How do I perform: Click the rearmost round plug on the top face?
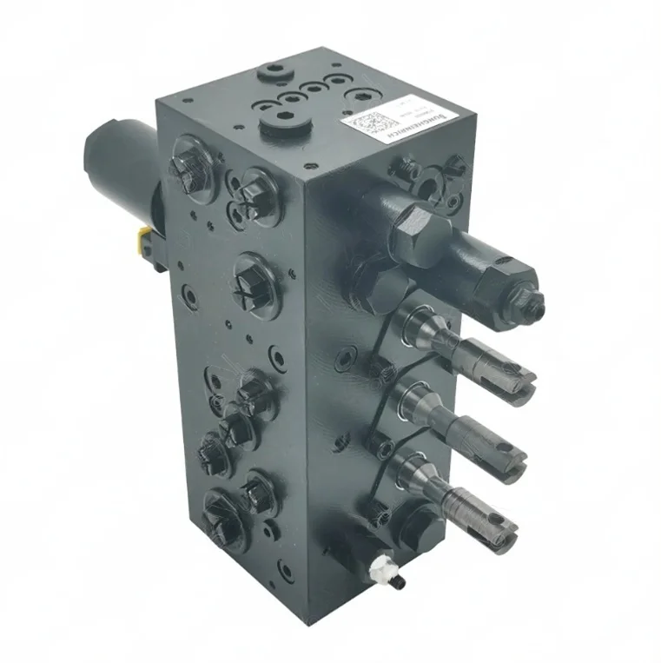tap(275, 67)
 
